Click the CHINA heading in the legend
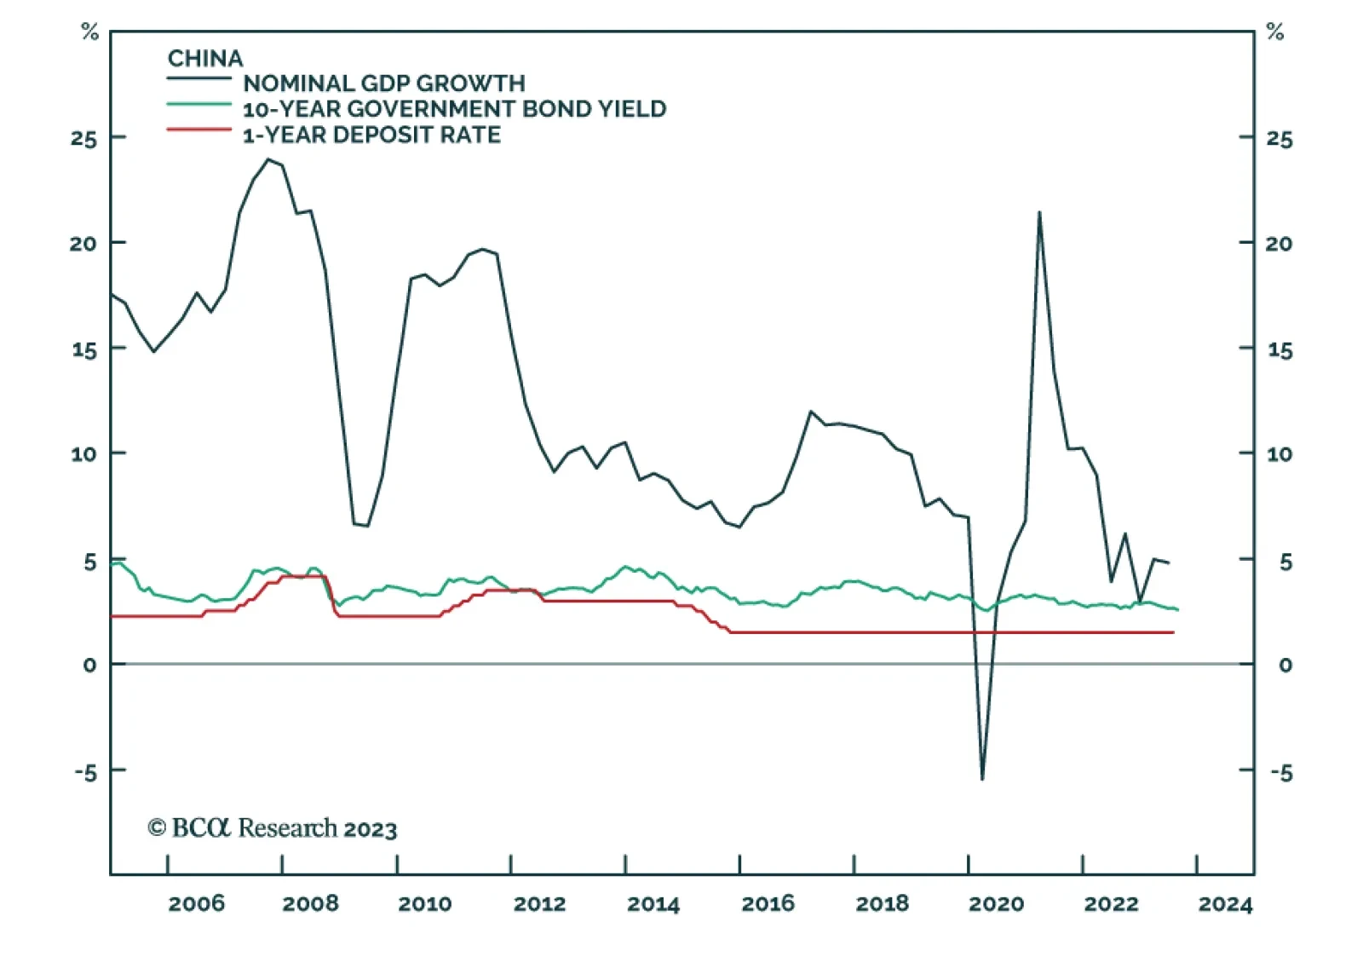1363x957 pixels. (205, 58)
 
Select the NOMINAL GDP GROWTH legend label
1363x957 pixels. (384, 84)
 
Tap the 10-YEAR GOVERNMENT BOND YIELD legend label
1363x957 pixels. (454, 109)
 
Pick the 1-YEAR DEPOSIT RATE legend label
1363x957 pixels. (371, 135)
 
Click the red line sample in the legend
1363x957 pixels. (198, 130)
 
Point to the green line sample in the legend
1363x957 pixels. (198, 104)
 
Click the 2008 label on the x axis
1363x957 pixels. (310, 903)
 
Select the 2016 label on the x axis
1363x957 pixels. (768, 903)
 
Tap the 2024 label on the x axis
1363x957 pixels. (1225, 903)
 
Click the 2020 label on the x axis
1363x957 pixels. (996, 903)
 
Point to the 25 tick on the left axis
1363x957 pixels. (84, 138)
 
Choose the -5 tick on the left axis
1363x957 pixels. (86, 772)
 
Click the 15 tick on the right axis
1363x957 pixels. (1279, 349)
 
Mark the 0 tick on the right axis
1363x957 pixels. (1285, 665)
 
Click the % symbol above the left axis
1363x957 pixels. (89, 32)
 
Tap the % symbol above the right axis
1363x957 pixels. (1274, 32)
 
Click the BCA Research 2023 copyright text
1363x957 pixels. (273, 828)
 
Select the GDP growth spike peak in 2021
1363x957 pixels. (1039, 212)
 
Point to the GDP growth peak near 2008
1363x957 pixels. (268, 159)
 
